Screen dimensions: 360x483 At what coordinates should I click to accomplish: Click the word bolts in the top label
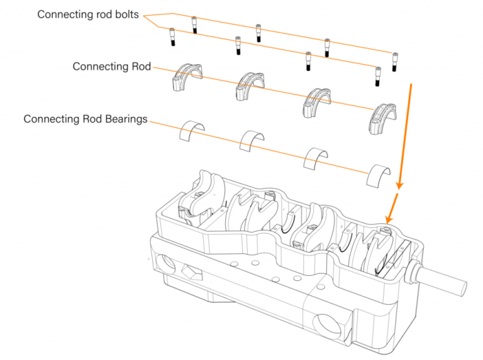[x=126, y=14]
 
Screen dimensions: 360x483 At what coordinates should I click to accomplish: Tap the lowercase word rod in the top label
[x=99, y=14]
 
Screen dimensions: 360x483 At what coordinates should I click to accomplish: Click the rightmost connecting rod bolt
[x=396, y=62]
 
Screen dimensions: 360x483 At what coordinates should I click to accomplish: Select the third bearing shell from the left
[x=317, y=157]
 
